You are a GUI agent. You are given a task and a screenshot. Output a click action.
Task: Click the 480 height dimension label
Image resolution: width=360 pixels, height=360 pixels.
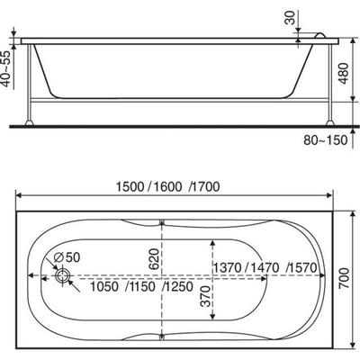(x=344, y=74)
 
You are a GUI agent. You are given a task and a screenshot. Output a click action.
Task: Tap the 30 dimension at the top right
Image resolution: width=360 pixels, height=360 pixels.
(x=290, y=18)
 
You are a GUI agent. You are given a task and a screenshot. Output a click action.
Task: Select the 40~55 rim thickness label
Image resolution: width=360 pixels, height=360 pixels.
(x=6, y=67)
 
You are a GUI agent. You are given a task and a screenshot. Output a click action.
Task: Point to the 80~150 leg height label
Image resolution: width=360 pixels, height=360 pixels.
(x=325, y=140)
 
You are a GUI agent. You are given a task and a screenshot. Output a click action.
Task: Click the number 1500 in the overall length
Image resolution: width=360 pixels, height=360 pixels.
(x=130, y=187)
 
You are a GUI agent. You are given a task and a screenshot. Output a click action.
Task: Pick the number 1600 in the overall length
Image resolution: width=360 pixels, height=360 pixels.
(x=167, y=187)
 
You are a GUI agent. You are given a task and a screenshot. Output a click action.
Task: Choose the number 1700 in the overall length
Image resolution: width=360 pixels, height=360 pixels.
(x=206, y=187)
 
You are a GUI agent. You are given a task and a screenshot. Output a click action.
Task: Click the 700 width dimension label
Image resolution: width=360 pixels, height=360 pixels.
(x=345, y=278)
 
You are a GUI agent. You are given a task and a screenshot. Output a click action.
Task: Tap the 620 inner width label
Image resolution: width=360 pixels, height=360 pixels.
(x=153, y=259)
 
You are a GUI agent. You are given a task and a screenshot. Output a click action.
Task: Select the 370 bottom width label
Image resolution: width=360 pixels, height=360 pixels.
(x=206, y=296)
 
